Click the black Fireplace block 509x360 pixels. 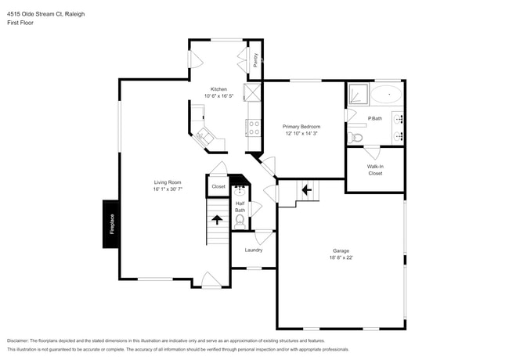pos(111,225)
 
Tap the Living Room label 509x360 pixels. pos(168,182)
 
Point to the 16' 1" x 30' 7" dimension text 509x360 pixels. pos(168,189)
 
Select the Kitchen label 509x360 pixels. pos(218,89)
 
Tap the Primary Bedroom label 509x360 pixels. pos(301,125)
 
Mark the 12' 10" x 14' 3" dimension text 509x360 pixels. pos(301,133)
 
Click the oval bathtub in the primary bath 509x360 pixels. pos(385,95)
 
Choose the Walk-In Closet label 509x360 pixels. pos(375,169)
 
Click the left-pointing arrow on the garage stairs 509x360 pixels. pos(306,189)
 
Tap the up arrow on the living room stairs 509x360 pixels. pos(216,220)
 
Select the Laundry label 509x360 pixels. pos(253,250)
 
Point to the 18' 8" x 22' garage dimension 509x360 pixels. pos(341,257)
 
